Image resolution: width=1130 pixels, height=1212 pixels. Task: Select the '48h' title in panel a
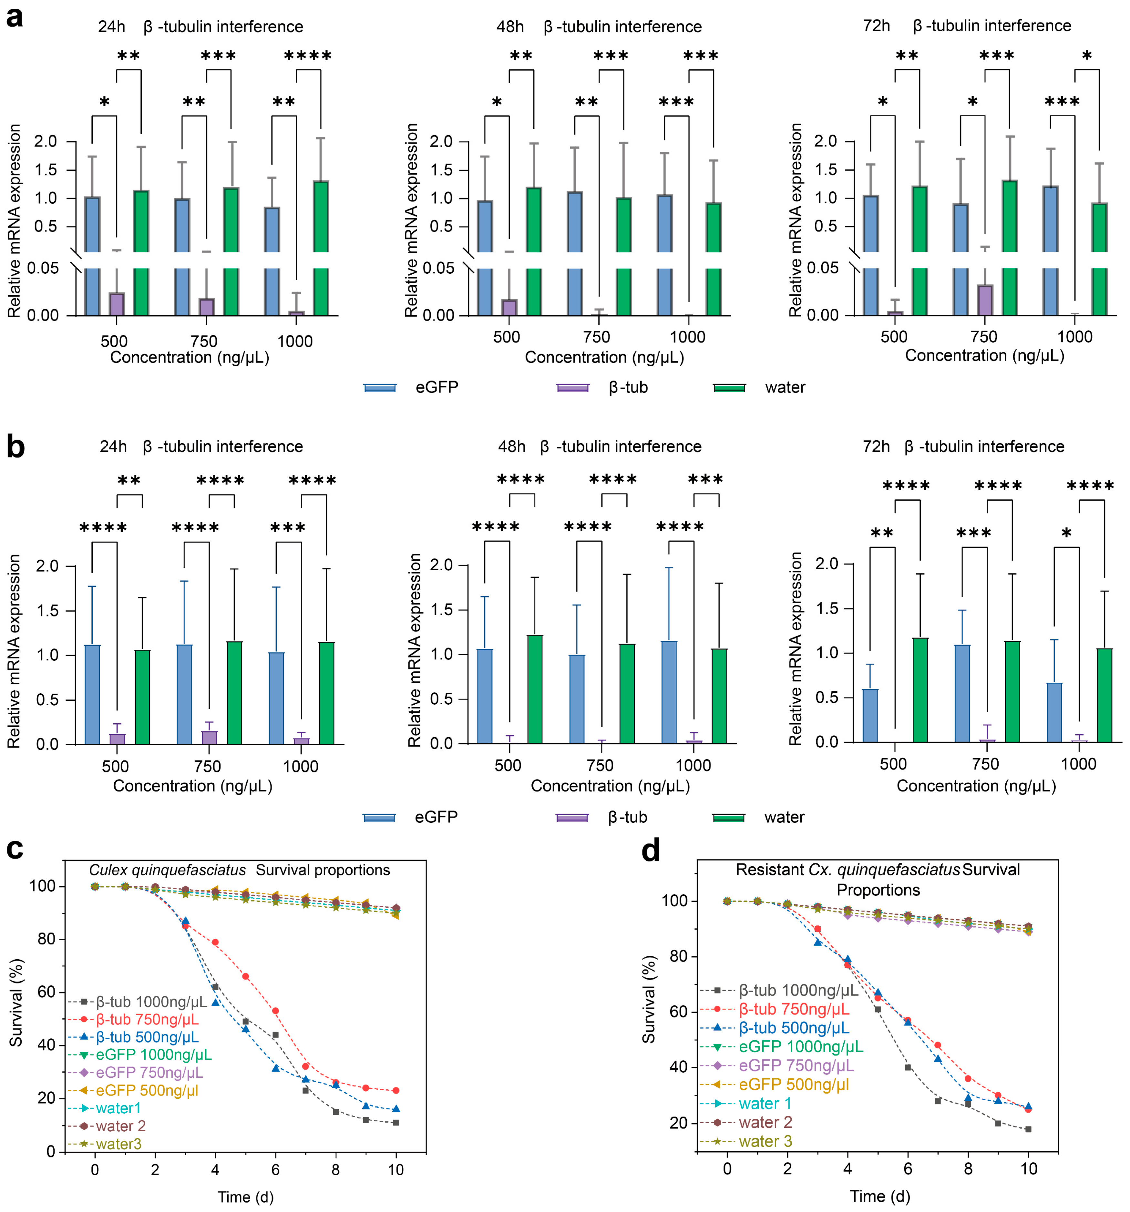tap(510, 27)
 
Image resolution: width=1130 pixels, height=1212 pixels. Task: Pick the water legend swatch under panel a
tap(729, 388)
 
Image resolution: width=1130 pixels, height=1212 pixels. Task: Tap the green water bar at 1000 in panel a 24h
tap(321, 248)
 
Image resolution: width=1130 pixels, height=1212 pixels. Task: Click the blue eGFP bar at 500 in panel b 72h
tap(869, 715)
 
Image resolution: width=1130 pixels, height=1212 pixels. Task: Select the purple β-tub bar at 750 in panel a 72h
tap(984, 300)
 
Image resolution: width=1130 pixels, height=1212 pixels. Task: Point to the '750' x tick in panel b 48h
tap(600, 766)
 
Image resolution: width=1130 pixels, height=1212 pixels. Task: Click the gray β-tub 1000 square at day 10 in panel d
tap(1028, 1129)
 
